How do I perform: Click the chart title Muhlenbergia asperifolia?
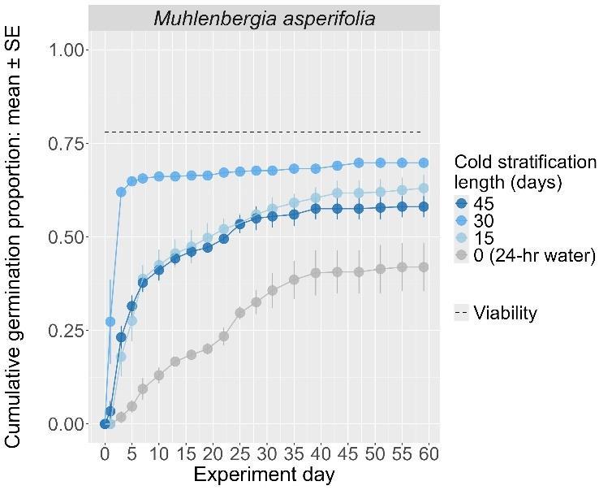click(264, 17)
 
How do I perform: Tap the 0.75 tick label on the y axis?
click(67, 144)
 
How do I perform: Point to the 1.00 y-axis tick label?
click(67, 50)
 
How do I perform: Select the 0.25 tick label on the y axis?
click(67, 331)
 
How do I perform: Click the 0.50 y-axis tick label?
click(67, 237)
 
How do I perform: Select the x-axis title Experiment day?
click(263, 475)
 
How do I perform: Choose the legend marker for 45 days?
click(463, 203)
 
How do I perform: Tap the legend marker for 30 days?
click(463, 221)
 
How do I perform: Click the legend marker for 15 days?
click(463, 239)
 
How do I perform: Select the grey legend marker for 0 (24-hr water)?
click(463, 257)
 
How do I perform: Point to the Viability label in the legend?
click(505, 313)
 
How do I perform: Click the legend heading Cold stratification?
click(524, 162)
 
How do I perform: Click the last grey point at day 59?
click(423, 267)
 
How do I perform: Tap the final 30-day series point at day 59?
click(423, 163)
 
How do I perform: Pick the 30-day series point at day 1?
click(110, 322)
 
